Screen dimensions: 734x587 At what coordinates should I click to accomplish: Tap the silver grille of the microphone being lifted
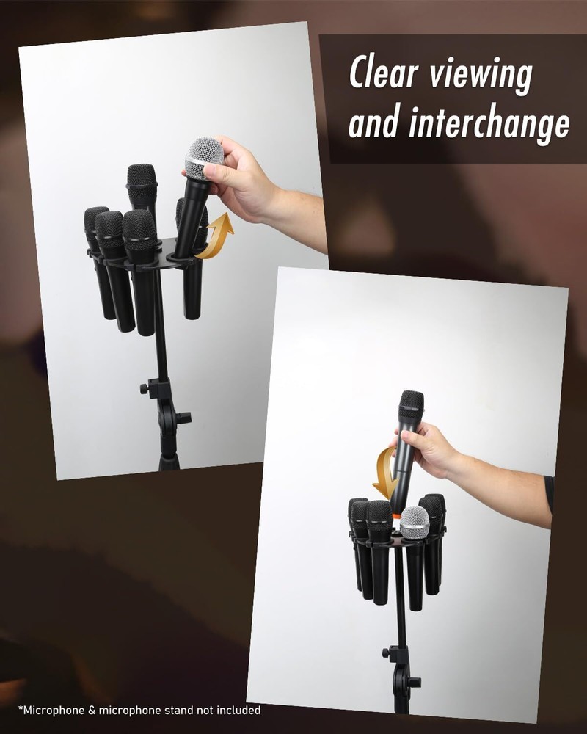click(x=204, y=157)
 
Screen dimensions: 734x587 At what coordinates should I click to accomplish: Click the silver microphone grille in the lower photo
click(x=415, y=522)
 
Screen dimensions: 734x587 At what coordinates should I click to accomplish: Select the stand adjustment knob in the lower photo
click(x=387, y=653)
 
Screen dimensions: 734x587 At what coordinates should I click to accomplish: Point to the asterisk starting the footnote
click(x=21, y=708)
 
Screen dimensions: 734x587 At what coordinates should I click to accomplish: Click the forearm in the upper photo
click(x=297, y=213)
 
